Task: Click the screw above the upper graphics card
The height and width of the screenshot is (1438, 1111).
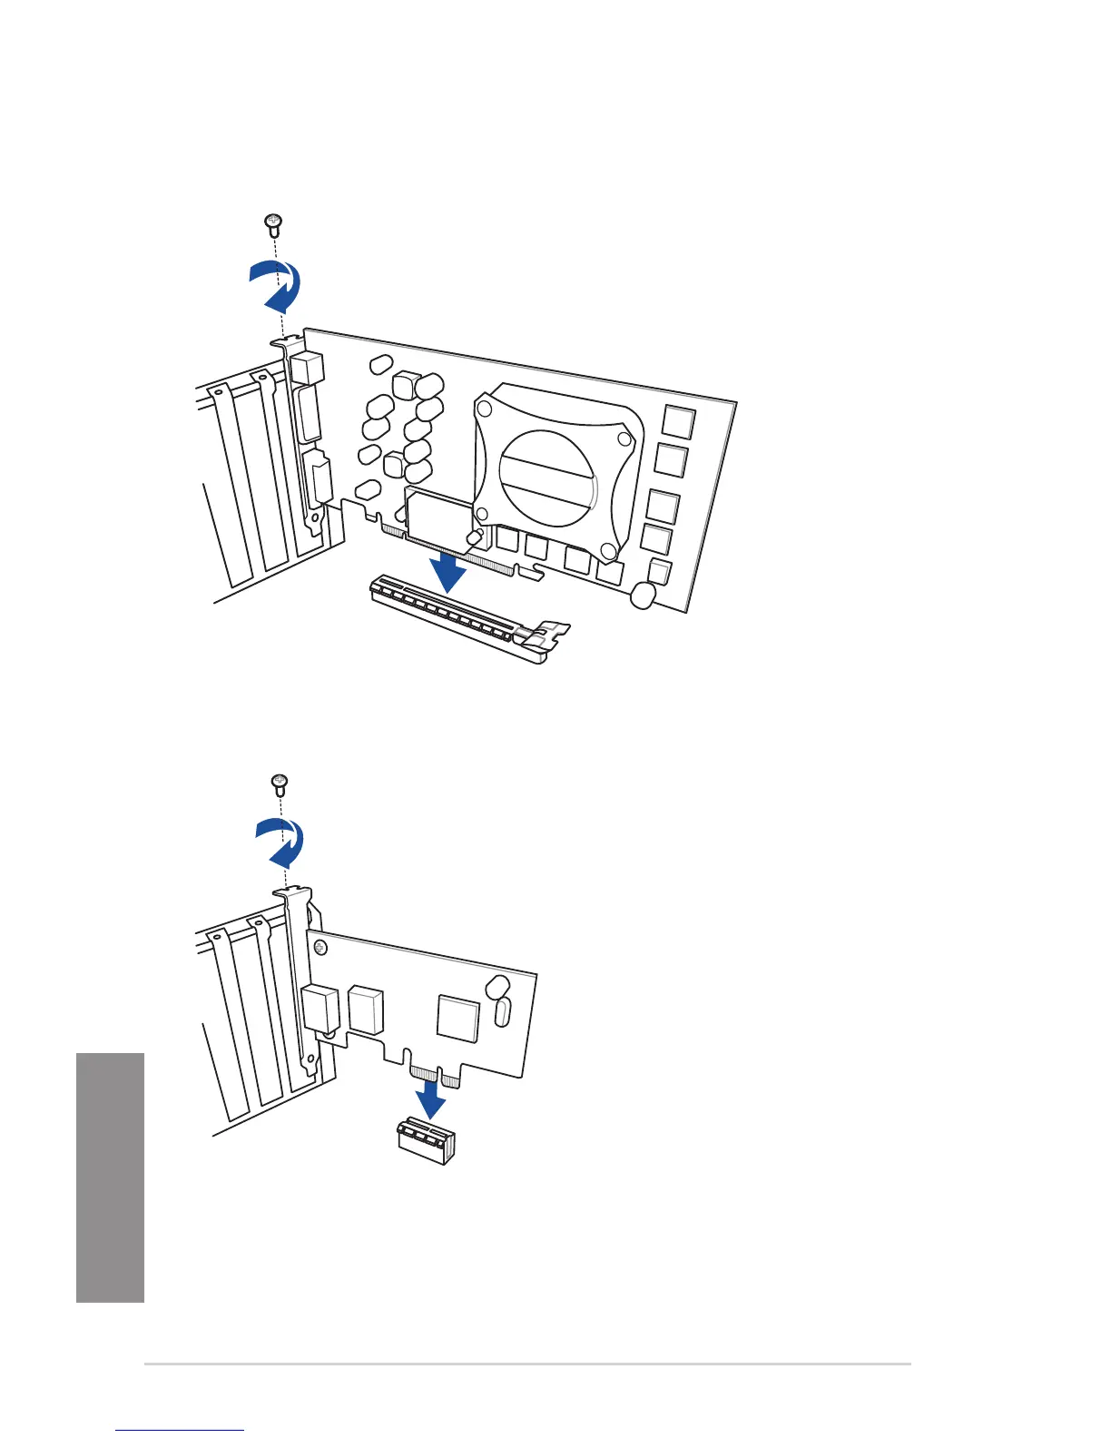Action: (273, 222)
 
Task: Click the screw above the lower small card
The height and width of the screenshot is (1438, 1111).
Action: (280, 783)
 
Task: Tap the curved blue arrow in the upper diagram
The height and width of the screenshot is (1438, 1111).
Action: (276, 284)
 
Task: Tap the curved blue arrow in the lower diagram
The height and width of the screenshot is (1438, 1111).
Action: (280, 842)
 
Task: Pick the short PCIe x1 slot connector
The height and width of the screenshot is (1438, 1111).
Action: (426, 1140)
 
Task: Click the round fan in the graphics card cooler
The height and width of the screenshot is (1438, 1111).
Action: (547, 477)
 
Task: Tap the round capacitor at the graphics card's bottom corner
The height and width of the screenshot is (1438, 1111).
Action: (643, 596)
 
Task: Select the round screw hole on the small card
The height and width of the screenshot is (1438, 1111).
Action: (320, 949)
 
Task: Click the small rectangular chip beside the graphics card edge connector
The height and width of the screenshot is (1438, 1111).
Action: (440, 516)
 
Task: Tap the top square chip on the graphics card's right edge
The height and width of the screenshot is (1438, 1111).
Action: (679, 422)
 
